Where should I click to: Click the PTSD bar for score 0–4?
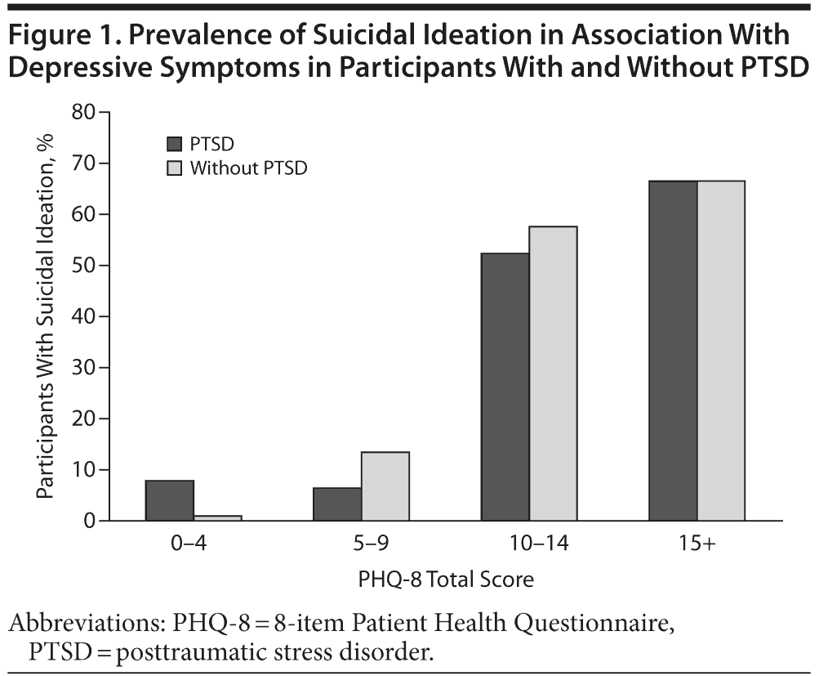pos(170,500)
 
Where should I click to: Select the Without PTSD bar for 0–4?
pos(218,517)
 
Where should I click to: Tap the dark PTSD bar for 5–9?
pos(337,504)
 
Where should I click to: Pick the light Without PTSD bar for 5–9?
pos(385,486)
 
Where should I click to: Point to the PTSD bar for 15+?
pos(673,351)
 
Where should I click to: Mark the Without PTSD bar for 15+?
pos(721,351)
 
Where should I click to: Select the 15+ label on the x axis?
pos(697,544)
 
